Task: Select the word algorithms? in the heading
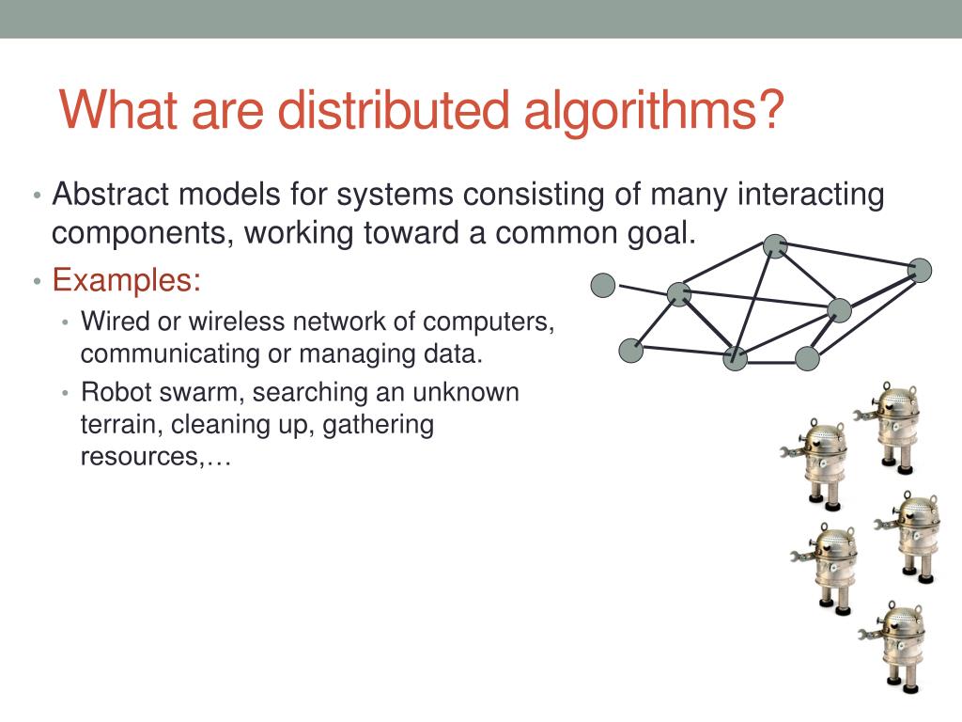pos(653,112)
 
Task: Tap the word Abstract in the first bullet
pos(110,196)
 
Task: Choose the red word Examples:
pos(126,280)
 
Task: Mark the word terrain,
pos(122,425)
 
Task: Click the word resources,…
pos(155,458)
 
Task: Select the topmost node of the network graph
pos(774,246)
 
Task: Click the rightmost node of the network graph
pos(921,271)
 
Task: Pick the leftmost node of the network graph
pos(603,284)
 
